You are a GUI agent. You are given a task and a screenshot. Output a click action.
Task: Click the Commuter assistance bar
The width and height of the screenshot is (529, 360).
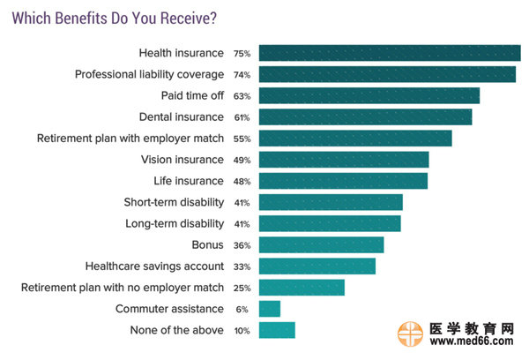270,309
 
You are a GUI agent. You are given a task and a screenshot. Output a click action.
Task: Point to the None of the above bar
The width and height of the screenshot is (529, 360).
277,330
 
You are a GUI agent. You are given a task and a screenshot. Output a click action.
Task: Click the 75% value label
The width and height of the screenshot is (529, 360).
242,54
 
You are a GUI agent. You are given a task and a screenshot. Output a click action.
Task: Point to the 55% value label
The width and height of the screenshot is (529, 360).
242,139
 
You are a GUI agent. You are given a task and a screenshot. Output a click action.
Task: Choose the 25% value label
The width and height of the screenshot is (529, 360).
242,288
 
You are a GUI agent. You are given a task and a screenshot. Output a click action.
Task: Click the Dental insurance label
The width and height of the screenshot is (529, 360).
182,116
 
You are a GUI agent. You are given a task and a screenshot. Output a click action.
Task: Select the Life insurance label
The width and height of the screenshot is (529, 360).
189,181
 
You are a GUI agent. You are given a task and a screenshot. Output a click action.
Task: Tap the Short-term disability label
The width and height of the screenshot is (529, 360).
174,202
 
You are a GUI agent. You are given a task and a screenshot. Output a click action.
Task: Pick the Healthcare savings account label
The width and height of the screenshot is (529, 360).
154,266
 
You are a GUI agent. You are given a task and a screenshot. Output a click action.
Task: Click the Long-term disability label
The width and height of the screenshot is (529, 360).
175,223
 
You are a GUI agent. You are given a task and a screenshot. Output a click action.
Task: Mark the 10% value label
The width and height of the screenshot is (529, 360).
242,330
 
